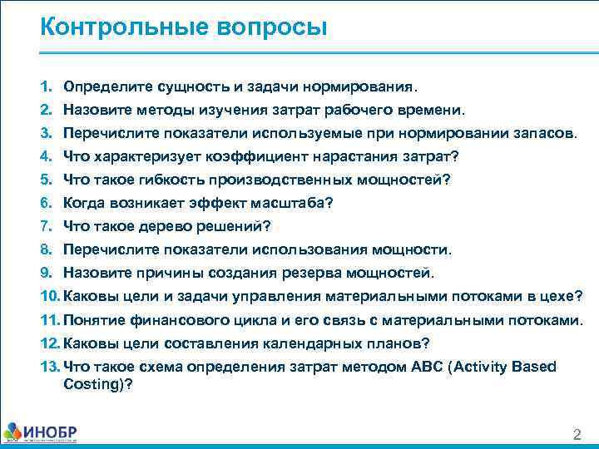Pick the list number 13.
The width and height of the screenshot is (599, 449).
tap(47, 367)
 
